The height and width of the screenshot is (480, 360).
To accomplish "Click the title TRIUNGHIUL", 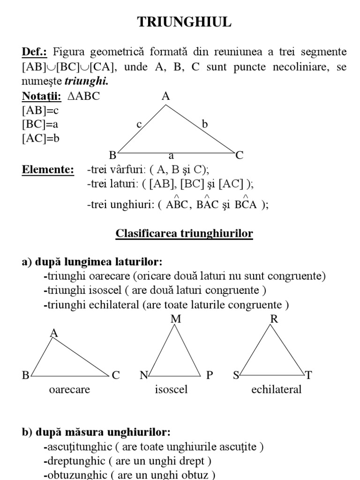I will pyautogui.click(x=184, y=22).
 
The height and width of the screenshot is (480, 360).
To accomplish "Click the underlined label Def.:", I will pyautogui.click(x=35, y=52).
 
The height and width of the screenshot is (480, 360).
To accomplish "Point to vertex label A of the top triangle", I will pyautogui.click(x=165, y=97).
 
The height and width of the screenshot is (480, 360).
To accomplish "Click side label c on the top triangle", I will pyautogui.click(x=139, y=125).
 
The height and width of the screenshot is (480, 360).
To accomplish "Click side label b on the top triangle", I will pyautogui.click(x=204, y=124).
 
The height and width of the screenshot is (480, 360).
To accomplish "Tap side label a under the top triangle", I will pyautogui.click(x=172, y=155).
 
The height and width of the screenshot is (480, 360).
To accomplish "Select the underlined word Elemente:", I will pyautogui.click(x=48, y=170).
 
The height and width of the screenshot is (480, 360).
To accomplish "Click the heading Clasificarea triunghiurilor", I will pyautogui.click(x=184, y=233).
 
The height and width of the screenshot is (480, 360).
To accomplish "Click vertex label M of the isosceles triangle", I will pyautogui.click(x=176, y=319).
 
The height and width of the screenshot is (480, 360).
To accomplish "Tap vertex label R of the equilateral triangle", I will pyautogui.click(x=274, y=319).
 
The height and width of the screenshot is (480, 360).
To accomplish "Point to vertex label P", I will pyautogui.click(x=210, y=375).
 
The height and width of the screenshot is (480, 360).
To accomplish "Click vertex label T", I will pyautogui.click(x=308, y=375).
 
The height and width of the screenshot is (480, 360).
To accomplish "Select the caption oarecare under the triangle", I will pyautogui.click(x=69, y=390).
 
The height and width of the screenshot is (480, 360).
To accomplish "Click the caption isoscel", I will pyautogui.click(x=171, y=390).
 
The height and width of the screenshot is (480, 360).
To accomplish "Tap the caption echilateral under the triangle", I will pyautogui.click(x=276, y=390).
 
